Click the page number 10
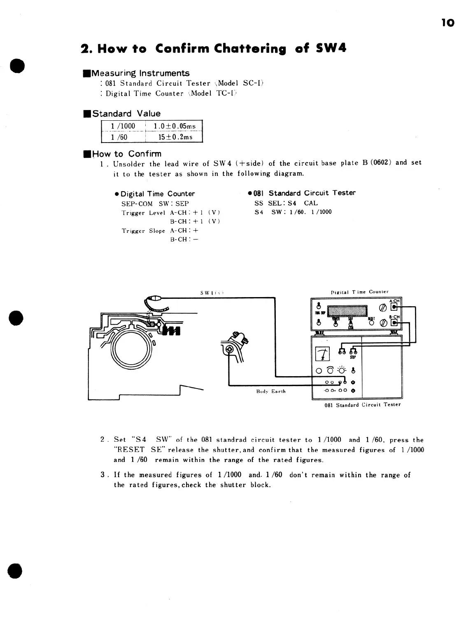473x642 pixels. click(448, 23)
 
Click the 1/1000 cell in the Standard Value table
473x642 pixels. click(123, 126)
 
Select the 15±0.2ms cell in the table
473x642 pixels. click(175, 137)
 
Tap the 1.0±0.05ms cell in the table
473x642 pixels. click(175, 126)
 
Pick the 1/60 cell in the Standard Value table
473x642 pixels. click(119, 137)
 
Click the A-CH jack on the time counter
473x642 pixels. click(395, 307)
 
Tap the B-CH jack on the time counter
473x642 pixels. click(395, 323)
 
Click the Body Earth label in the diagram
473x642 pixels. click(270, 391)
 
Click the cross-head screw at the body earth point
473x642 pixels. click(229, 350)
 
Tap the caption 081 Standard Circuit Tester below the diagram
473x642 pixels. click(362, 405)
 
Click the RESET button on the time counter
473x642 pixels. click(371, 323)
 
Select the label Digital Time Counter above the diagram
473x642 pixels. click(360, 292)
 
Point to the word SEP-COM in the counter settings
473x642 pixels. click(137, 204)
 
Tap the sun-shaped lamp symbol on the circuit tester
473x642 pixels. click(341, 370)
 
